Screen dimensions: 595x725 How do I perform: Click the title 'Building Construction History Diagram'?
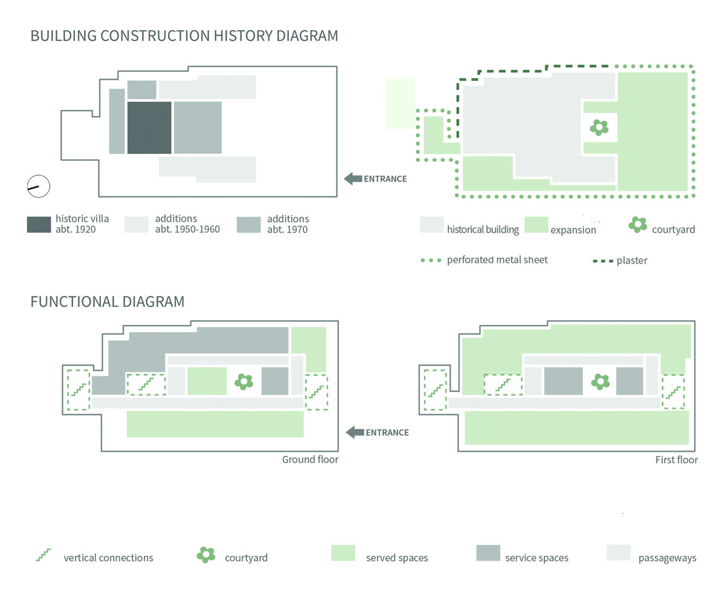[184, 36]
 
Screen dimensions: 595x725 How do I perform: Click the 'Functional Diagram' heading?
[108, 301]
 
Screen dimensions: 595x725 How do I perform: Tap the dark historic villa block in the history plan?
[149, 127]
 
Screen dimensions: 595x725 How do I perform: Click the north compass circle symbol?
[38, 187]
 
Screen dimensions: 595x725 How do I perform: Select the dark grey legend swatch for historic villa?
[39, 224]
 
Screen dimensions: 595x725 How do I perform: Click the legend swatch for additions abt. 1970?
[248, 224]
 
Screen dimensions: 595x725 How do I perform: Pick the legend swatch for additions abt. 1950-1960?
[137, 224]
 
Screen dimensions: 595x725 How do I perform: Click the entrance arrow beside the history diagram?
[353, 178]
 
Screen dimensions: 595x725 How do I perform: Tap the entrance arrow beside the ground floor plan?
[355, 432]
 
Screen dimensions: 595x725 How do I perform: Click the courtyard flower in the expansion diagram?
[599, 127]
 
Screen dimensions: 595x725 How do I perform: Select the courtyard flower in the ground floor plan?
[243, 381]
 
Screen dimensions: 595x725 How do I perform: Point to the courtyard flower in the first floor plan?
[600, 381]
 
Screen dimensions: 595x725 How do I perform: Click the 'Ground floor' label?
[310, 460]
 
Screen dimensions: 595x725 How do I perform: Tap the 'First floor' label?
[676, 460]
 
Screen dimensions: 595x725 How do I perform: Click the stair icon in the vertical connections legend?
[43, 555]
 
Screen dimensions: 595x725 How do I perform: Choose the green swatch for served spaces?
[343, 553]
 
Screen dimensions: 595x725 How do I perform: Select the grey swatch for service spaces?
[488, 553]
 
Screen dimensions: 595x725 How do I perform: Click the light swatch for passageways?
[618, 553]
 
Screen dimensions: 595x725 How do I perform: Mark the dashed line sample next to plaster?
[603, 261]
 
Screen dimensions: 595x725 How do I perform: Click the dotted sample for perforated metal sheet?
[430, 260]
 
